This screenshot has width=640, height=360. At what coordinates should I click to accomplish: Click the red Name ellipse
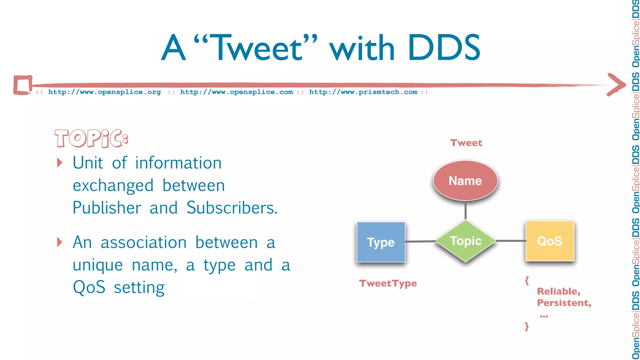tap(465, 181)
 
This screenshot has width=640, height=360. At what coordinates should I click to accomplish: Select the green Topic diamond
tap(465, 241)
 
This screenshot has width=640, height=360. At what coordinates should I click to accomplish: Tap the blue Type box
tap(381, 242)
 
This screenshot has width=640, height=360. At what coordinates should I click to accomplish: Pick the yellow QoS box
tap(550, 241)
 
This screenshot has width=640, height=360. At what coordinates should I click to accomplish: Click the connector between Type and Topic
tap(420, 241)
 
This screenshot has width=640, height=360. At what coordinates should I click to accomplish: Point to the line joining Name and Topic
tap(465, 210)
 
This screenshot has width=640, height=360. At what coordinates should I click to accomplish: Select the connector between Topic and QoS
tap(511, 241)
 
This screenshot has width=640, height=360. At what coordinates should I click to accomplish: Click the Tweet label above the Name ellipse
tap(466, 143)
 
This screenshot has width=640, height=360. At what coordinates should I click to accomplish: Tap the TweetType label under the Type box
tap(388, 283)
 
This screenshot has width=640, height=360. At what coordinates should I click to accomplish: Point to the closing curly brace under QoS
tap(527, 326)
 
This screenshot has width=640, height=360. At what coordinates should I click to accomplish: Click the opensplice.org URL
tap(104, 92)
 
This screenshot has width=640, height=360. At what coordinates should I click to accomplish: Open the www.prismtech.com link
tap(363, 92)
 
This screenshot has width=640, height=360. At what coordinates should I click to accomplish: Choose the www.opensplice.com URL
tap(237, 92)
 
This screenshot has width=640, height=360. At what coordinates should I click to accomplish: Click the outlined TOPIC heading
tap(91, 138)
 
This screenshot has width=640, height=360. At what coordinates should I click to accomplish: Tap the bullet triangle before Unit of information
tap(60, 162)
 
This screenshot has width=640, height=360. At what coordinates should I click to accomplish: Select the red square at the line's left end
tap(22, 85)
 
